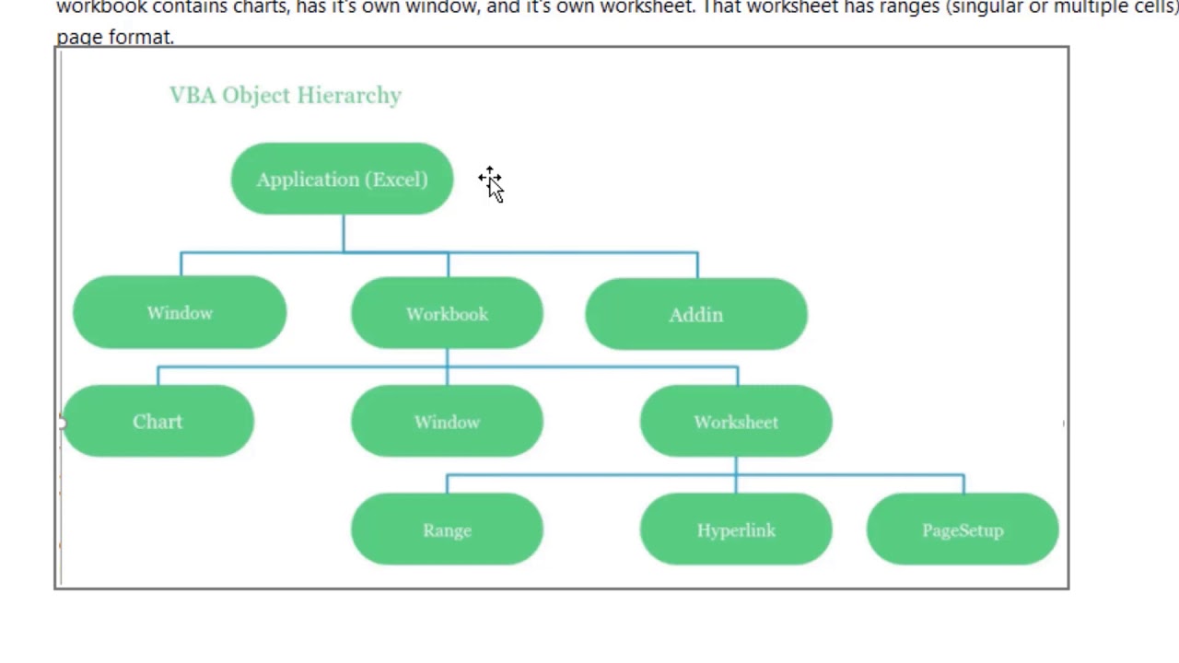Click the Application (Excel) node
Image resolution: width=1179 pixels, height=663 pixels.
pyautogui.click(x=342, y=180)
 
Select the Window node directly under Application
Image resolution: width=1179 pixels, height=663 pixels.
pyautogui.click(x=180, y=313)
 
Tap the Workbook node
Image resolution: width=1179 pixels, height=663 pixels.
pyautogui.click(x=447, y=314)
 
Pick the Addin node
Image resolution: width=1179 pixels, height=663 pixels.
pyautogui.click(x=696, y=315)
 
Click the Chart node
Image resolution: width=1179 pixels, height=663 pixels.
pyautogui.click(x=158, y=422)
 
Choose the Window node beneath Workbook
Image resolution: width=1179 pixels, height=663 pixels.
pyautogui.click(x=447, y=422)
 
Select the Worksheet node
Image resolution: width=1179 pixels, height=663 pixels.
pyautogui.click(x=736, y=422)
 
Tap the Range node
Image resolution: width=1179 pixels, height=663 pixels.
pyautogui.click(x=447, y=530)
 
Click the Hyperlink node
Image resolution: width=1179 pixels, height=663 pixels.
pyautogui.click(x=736, y=530)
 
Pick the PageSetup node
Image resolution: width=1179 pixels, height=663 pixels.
pyautogui.click(x=963, y=530)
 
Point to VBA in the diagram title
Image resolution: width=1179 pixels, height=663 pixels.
pyautogui.click(x=192, y=96)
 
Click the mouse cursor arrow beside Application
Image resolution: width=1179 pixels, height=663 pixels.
pyautogui.click(x=493, y=185)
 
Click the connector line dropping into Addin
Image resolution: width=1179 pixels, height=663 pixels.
pyautogui.click(x=697, y=265)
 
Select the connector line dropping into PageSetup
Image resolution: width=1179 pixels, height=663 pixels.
pyautogui.click(x=963, y=484)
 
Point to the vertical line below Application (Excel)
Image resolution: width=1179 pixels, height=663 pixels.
pyautogui.click(x=344, y=232)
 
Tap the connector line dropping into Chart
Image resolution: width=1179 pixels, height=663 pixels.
pyautogui.click(x=158, y=376)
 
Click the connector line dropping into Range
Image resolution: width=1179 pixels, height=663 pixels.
pyautogui.click(x=447, y=484)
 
